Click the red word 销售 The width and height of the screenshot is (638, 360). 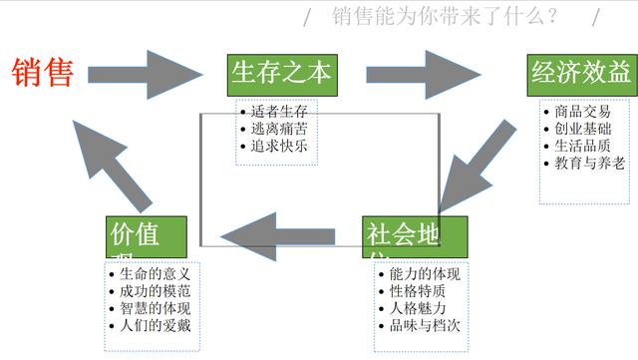(x=43, y=73)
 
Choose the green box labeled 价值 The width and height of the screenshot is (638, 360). (x=146, y=236)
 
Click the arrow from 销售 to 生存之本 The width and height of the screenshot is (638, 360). (x=145, y=74)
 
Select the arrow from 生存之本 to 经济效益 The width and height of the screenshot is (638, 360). (x=423, y=74)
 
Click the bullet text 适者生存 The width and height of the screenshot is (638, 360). (x=278, y=111)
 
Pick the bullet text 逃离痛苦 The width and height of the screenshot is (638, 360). (x=278, y=129)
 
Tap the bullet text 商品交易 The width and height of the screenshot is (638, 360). (x=587, y=111)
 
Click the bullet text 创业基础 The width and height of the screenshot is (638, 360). (x=587, y=129)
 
